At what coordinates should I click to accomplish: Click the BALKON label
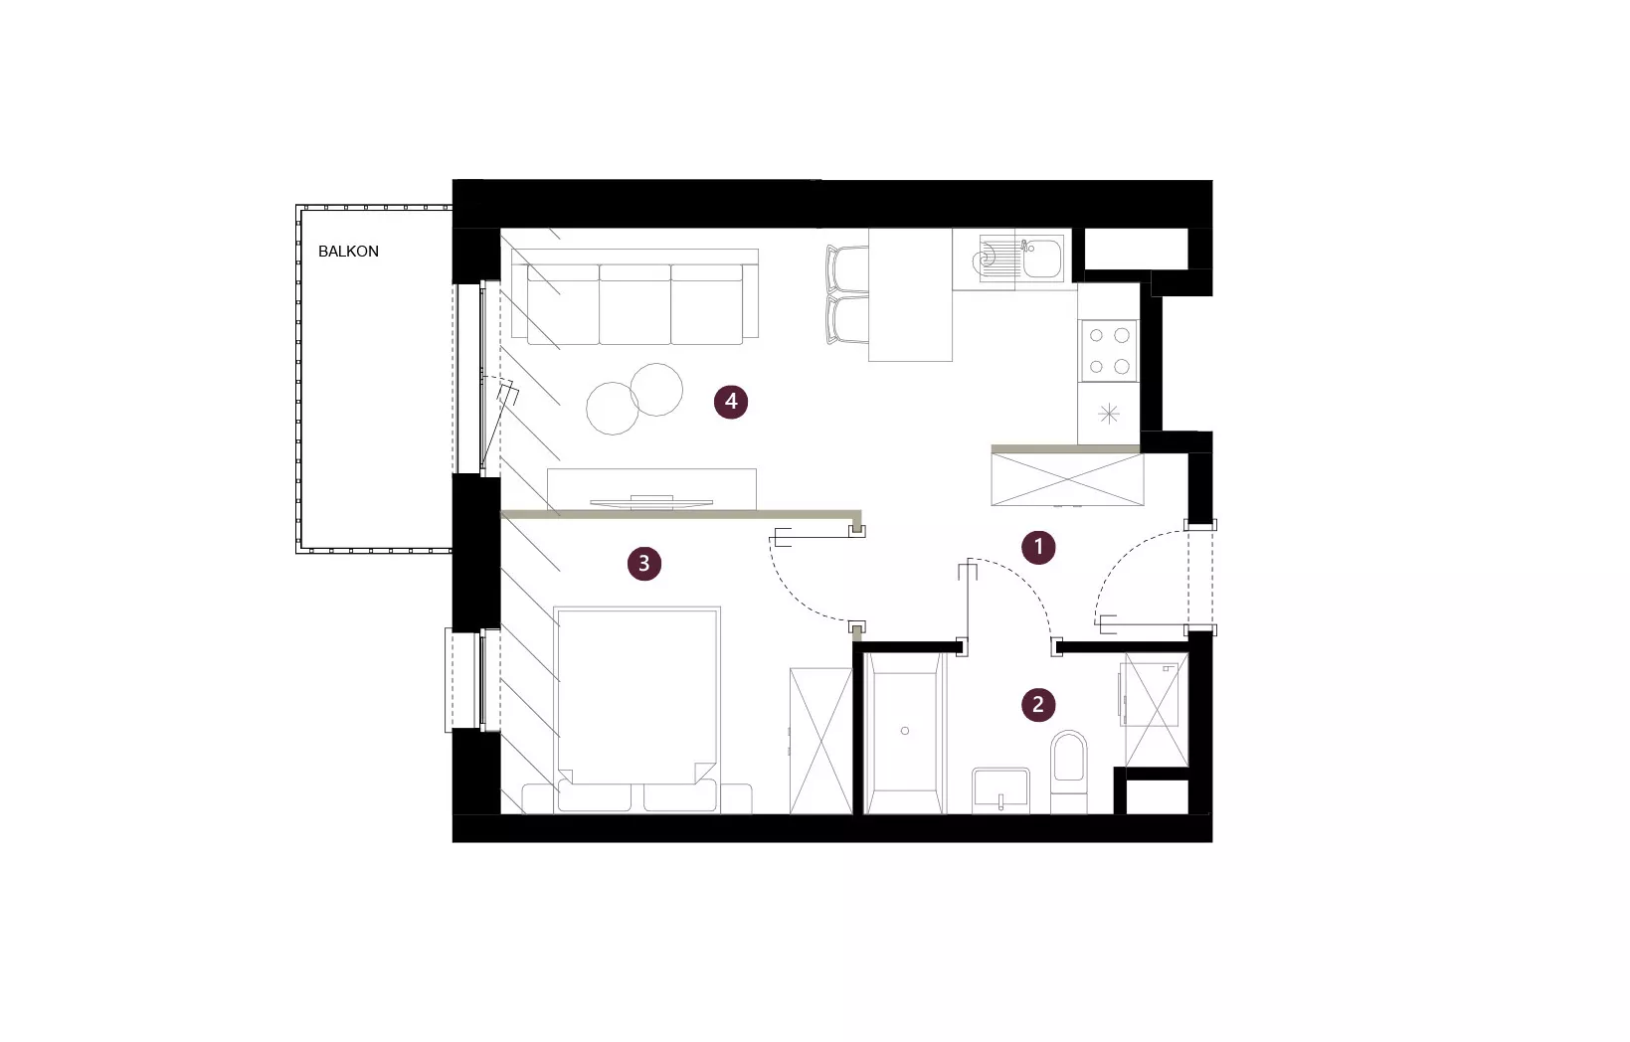[348, 252]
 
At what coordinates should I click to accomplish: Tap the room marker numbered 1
[1038, 547]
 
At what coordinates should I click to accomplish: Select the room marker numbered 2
[1038, 704]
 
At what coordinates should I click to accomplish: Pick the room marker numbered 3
[644, 563]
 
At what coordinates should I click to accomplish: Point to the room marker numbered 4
[731, 402]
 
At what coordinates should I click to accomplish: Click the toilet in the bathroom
[1069, 772]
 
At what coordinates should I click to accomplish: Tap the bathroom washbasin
[1001, 790]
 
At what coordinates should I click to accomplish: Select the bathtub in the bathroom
[904, 733]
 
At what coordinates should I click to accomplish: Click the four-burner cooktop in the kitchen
[1109, 351]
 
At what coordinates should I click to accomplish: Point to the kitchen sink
[1021, 258]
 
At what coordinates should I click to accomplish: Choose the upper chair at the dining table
[847, 269]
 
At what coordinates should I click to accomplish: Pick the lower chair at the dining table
[847, 319]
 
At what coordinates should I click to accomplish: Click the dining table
[910, 294]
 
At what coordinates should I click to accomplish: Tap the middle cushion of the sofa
[634, 304]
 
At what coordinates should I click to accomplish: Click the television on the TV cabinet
[651, 501]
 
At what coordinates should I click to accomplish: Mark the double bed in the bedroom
[636, 710]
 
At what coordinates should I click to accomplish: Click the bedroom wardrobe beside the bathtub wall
[820, 741]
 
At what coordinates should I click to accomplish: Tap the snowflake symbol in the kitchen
[1108, 414]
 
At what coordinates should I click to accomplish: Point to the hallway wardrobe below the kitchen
[1067, 479]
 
